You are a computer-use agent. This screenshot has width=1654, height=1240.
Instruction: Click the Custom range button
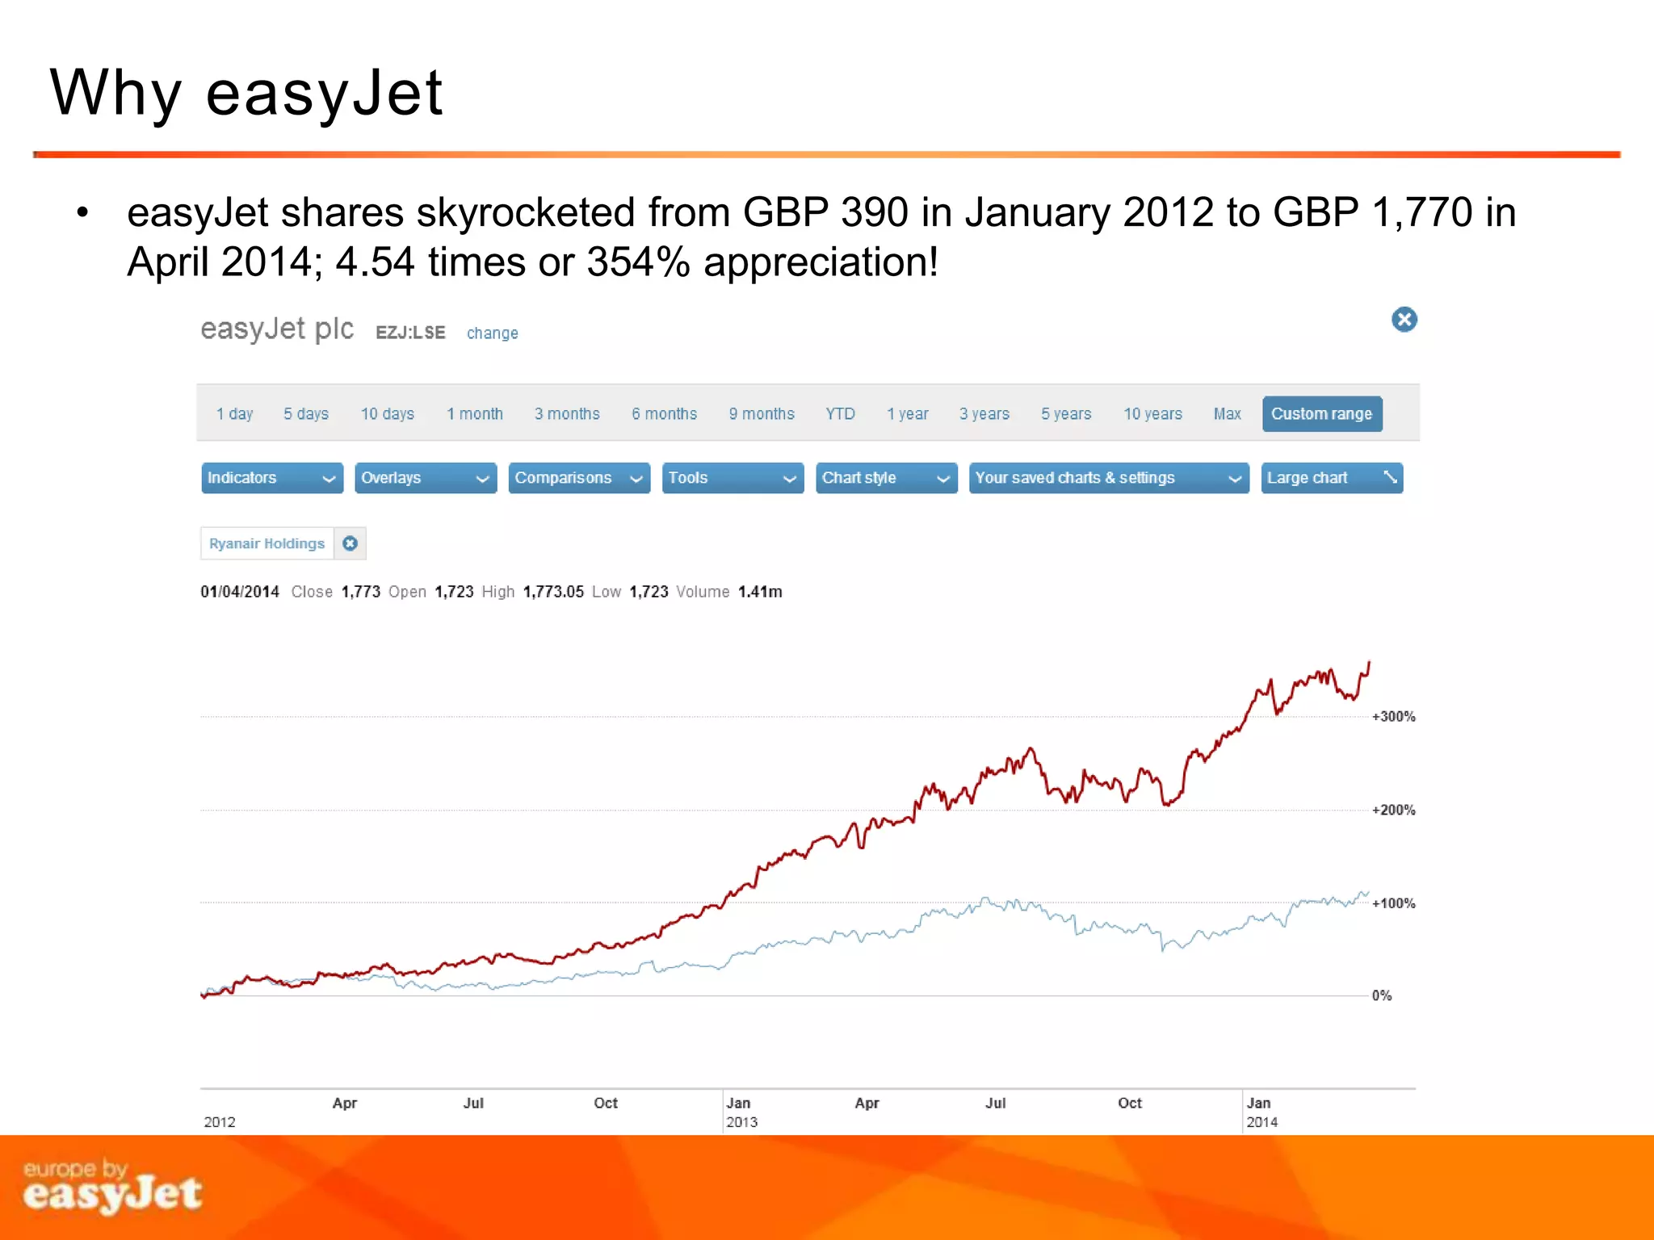(x=1321, y=414)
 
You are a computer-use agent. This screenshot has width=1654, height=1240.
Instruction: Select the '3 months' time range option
(x=567, y=414)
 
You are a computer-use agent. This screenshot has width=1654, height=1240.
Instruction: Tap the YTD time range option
(x=840, y=414)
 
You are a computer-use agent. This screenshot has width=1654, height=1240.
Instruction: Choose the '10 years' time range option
(x=1152, y=414)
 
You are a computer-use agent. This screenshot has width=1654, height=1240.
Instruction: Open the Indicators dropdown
(x=271, y=478)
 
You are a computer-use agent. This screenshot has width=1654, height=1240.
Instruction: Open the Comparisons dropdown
(x=579, y=478)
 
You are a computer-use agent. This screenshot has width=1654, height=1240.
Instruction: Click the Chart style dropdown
(x=886, y=478)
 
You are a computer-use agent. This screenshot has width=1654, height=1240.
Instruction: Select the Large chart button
(x=1331, y=478)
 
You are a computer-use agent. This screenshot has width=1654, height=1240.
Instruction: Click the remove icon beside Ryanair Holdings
(x=350, y=543)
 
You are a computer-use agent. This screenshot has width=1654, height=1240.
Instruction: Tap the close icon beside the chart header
(x=1404, y=320)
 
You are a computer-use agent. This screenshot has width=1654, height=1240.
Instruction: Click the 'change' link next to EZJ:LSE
(x=492, y=333)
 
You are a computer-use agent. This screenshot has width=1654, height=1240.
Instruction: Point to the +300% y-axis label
(x=1393, y=717)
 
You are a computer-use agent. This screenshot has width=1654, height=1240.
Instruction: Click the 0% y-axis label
(x=1382, y=996)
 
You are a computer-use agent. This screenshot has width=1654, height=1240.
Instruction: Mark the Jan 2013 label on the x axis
(x=741, y=1112)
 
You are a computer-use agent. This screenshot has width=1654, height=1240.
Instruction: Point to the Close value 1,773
(x=360, y=592)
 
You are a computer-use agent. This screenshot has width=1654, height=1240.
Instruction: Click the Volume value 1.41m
(x=759, y=592)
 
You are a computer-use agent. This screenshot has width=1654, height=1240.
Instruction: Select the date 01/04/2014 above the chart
(x=240, y=592)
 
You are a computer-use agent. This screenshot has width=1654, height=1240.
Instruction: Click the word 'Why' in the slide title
(x=115, y=93)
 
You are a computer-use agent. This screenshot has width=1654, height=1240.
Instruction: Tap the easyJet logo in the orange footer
(x=112, y=1188)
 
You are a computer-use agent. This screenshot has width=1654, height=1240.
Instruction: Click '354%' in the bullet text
(x=638, y=262)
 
